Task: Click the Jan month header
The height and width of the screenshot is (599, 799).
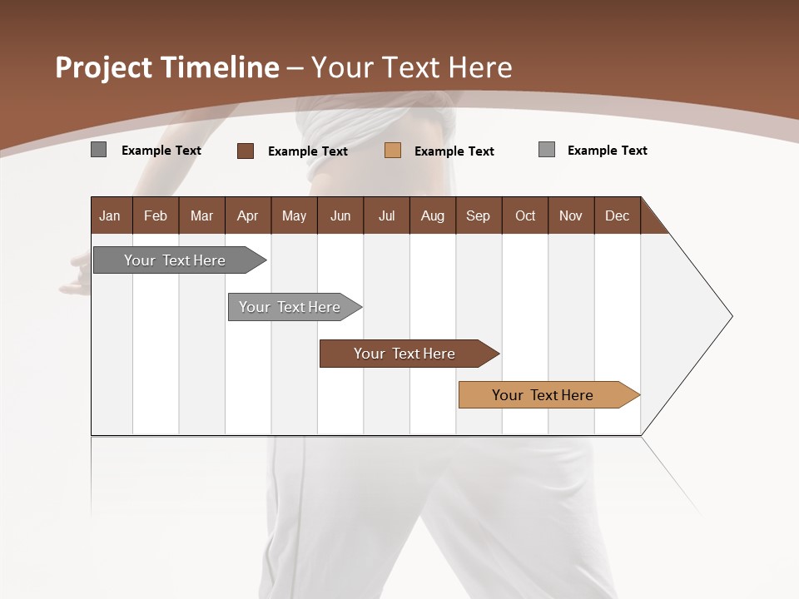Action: (111, 215)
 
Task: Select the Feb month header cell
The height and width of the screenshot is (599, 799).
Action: (156, 215)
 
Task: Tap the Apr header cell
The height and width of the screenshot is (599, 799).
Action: (248, 215)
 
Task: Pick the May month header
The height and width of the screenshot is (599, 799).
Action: (294, 215)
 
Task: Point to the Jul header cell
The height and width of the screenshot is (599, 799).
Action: (386, 215)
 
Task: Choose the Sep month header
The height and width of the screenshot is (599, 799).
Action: (479, 215)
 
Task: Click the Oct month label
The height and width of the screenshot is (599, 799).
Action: (525, 215)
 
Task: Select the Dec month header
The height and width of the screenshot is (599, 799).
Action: (618, 215)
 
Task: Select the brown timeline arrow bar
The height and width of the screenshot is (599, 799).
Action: (405, 354)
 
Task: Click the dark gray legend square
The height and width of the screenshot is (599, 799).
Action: (99, 150)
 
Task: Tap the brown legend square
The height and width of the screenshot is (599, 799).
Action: (246, 151)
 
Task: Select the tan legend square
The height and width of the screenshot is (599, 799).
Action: (393, 151)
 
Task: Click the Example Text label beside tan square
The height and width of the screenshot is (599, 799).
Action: (454, 151)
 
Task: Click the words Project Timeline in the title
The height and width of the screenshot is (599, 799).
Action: (166, 67)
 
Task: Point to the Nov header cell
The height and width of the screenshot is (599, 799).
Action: (571, 215)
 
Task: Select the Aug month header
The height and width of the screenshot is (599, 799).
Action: (433, 215)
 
